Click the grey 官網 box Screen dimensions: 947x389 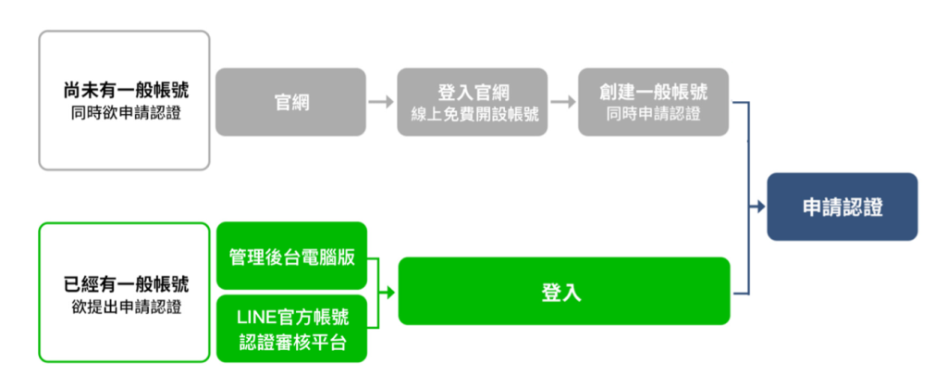pyautogui.click(x=290, y=102)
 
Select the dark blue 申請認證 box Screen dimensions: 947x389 pyautogui.click(x=842, y=207)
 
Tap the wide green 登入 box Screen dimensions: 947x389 pyautogui.click(x=564, y=291)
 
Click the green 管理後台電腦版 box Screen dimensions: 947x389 pyautogui.click(x=291, y=256)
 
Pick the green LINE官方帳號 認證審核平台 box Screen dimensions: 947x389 pyautogui.click(x=291, y=329)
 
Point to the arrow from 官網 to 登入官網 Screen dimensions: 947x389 pyautogui.click(x=381, y=102)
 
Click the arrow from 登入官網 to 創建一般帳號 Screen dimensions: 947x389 pyautogui.click(x=563, y=102)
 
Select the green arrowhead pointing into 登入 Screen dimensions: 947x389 pyautogui.click(x=390, y=293)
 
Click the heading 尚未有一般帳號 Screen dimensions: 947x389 pyautogui.click(x=125, y=92)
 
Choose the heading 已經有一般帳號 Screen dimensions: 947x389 pyautogui.click(x=125, y=283)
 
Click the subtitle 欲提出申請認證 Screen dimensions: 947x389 pyautogui.click(x=125, y=307)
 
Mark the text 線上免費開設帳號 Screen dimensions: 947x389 pyautogui.click(x=473, y=114)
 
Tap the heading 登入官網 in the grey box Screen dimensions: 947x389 pyautogui.click(x=473, y=93)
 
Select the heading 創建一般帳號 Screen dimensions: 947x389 pyautogui.click(x=654, y=93)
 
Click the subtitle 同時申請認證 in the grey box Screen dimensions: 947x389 pyautogui.click(x=654, y=114)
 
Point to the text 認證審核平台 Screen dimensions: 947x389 pyautogui.click(x=292, y=343)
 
